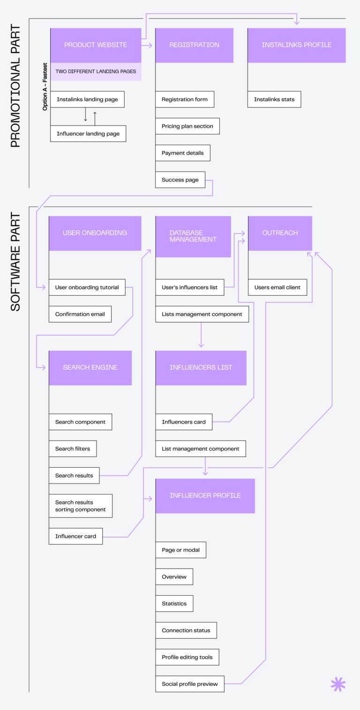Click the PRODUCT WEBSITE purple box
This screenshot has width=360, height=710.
[96, 45]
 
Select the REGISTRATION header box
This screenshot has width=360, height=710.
[194, 45]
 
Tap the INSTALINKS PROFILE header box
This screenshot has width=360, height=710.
[296, 45]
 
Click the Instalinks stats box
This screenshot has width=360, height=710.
[274, 99]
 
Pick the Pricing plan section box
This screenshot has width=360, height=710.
[187, 126]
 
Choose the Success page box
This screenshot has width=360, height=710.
[180, 180]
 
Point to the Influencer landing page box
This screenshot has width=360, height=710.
[88, 134]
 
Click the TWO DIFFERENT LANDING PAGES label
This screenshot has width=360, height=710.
[96, 72]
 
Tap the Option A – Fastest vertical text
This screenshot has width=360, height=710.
[45, 87]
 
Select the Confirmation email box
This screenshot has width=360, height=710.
[80, 314]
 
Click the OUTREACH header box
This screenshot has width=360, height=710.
[280, 233]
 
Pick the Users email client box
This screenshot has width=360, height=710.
[277, 287]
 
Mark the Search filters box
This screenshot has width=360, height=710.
[73, 448]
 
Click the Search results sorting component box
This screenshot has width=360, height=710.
[81, 506]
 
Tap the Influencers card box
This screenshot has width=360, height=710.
[184, 422]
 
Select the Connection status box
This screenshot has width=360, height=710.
[186, 630]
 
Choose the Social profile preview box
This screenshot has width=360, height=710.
[190, 684]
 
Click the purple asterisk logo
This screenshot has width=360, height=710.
[338, 684]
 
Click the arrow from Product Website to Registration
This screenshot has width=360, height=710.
[148, 45]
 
